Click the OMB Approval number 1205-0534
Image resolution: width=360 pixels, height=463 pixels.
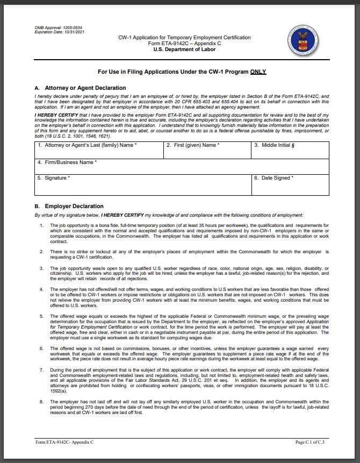tap(72, 27)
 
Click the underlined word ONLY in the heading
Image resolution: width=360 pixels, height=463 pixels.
tap(258, 72)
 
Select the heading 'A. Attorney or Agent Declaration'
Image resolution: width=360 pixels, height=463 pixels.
tap(80, 88)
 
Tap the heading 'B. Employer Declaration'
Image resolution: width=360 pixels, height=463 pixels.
tap(69, 206)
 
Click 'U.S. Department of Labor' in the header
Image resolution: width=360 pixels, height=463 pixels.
tap(184, 49)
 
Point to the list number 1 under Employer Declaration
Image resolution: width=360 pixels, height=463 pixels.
tap(41, 225)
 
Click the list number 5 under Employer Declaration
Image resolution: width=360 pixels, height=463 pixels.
tap(41, 317)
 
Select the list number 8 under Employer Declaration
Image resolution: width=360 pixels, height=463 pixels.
tap(41, 401)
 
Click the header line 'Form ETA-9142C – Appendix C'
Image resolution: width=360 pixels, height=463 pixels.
tap(184, 44)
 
